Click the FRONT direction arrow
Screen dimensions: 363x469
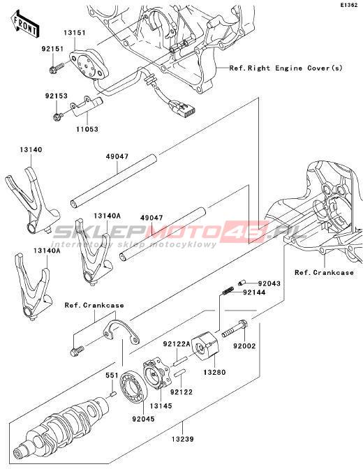tap(24, 24)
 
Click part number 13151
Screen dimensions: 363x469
tap(74, 33)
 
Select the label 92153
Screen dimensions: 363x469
tap(57, 96)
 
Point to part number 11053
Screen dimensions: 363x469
tap(87, 129)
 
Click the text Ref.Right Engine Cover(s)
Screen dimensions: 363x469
tap(286, 68)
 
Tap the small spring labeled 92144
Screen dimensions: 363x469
tap(229, 290)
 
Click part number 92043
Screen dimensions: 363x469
tap(269, 283)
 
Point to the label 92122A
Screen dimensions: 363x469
tap(177, 344)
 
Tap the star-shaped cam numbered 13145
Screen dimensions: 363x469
tap(156, 375)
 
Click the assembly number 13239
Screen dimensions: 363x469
tap(183, 440)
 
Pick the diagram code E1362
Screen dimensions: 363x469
tap(349, 5)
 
